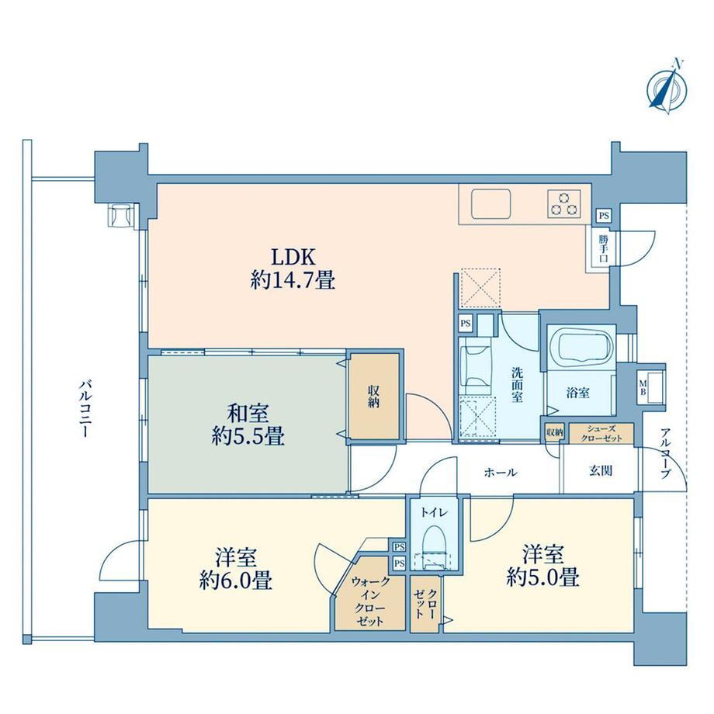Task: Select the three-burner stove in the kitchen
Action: (564, 203)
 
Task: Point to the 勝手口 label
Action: (603, 248)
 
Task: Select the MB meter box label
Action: (643, 387)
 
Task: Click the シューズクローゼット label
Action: (601, 434)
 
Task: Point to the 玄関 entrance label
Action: (601, 471)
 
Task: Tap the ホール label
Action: (501, 473)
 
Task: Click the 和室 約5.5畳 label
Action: (248, 425)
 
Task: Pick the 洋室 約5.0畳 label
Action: (542, 566)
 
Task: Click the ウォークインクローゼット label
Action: (369, 601)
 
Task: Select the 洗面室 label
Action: (517, 384)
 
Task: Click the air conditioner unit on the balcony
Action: (120, 214)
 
